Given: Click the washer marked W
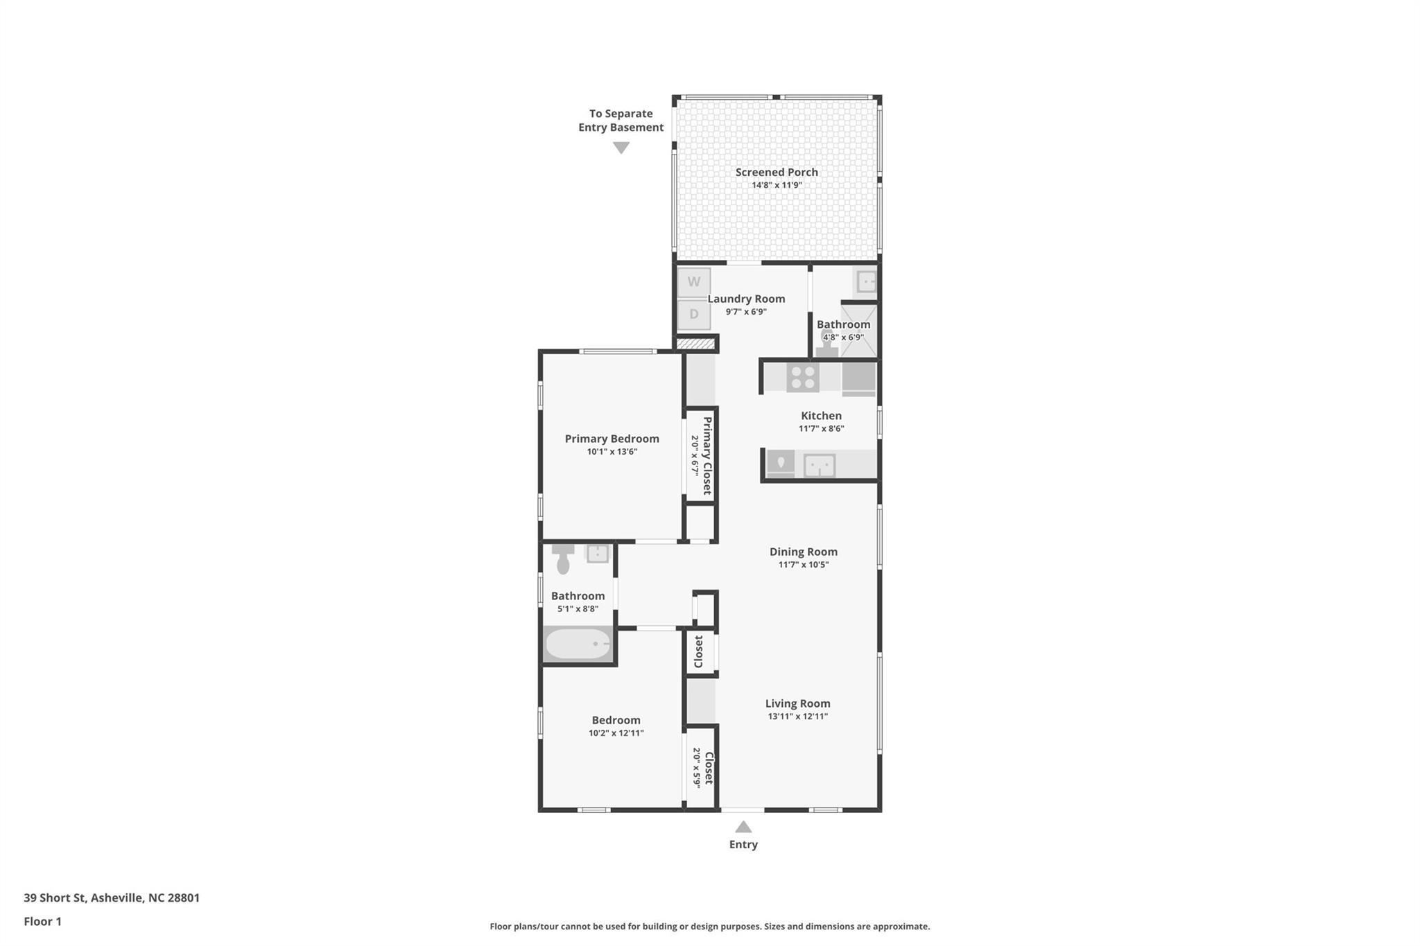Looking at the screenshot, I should pos(693,282).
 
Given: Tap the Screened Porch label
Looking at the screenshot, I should pos(777,172).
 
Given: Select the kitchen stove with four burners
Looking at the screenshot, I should pos(803,378).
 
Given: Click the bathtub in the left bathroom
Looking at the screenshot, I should pos(578,645).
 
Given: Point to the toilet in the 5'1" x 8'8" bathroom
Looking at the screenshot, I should pos(563,560).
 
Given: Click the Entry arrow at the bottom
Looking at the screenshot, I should pos(743,827).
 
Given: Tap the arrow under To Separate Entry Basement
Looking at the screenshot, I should pos(621,148).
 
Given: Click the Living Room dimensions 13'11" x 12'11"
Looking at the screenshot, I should pos(797,717).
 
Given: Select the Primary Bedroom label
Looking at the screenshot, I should pos(612,439).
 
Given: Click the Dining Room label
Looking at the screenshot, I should pos(803,552).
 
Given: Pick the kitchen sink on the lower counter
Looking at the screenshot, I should pos(819,465).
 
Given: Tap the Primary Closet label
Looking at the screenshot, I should pos(707,455).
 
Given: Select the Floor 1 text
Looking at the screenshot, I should pos(42,921).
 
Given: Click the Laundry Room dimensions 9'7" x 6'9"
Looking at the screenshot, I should pos(746,312).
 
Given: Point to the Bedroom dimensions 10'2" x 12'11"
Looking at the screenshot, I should pos(616,733).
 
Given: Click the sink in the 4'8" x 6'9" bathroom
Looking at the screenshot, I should pos(866,281).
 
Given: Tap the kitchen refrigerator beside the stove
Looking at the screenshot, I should pos(858,379).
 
